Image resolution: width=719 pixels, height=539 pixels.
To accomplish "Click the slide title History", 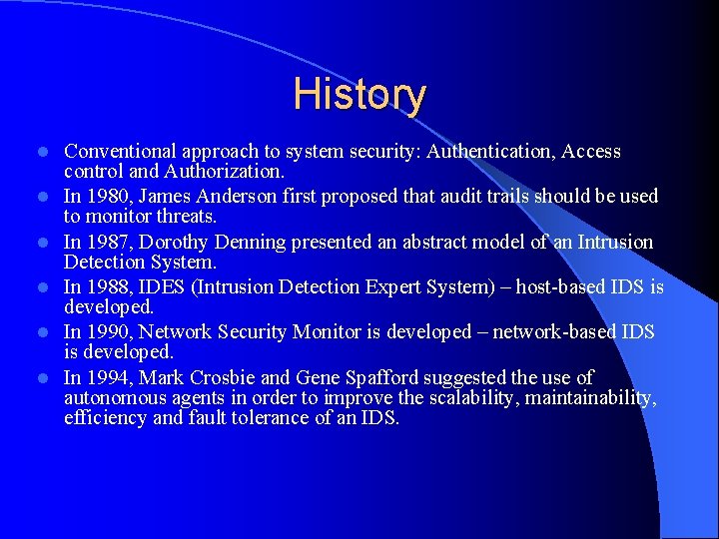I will click(359, 95).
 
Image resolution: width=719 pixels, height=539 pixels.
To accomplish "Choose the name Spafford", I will click(380, 377).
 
